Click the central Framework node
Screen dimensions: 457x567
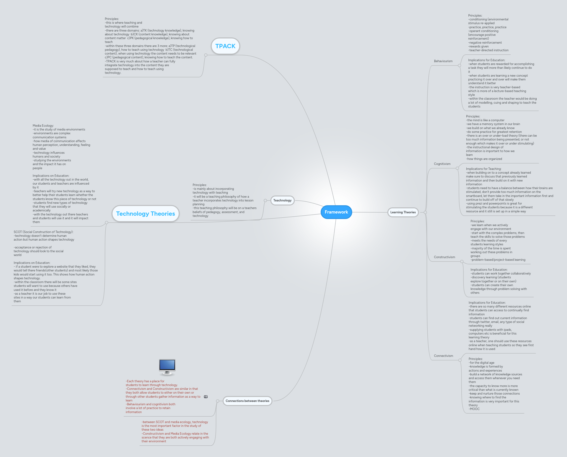coord(336,212)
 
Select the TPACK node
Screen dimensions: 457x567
coord(225,46)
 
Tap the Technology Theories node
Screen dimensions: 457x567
coord(145,214)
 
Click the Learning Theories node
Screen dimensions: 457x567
coord(403,212)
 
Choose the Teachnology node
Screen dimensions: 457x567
coord(282,200)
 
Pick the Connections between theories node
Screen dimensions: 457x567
coord(247,401)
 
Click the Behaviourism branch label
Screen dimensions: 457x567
coord(443,61)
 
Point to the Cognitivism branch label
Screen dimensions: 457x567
coord(442,164)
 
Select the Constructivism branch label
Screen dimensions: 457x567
coord(444,257)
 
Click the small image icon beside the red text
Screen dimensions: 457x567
coord(206,397)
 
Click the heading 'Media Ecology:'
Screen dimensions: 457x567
coord(43,126)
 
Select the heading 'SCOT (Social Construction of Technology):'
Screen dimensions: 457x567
coord(43,232)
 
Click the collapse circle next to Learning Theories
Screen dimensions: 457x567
coord(425,212)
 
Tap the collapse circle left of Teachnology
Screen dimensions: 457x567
coord(265,200)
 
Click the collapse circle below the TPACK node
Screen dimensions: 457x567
coord(206,55)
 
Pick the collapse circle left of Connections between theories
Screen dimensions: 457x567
coord(218,401)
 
